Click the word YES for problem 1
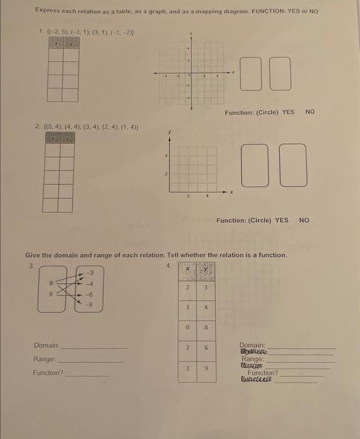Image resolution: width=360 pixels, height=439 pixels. (x=288, y=112)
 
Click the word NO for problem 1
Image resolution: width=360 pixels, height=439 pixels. (x=310, y=112)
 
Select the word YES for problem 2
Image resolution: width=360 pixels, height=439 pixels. (x=282, y=220)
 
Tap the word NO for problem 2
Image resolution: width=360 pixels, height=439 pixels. (x=304, y=220)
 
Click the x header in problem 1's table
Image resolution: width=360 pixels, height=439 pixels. (x=55, y=43)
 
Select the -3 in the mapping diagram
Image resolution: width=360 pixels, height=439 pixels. (x=91, y=272)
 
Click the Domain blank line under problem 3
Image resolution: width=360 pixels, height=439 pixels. (x=94, y=347)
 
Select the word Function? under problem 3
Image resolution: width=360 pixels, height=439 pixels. (x=48, y=373)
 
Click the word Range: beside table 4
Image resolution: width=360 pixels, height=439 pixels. (x=253, y=359)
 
